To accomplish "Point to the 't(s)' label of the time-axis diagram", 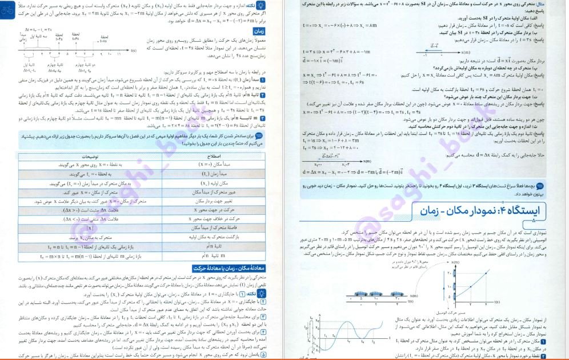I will click(x=133, y=51).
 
